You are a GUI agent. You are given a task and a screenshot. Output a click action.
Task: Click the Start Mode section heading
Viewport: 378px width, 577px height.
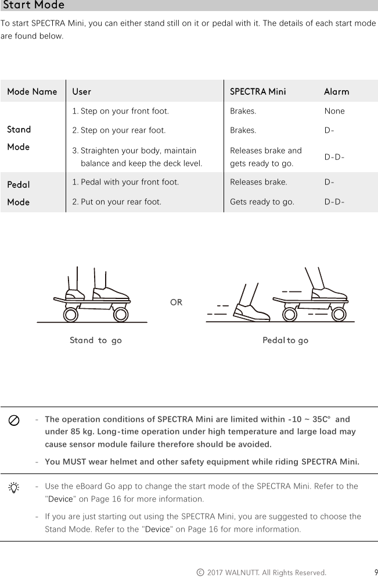(34, 6)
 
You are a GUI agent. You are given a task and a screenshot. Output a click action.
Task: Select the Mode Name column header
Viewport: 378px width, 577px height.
(32, 92)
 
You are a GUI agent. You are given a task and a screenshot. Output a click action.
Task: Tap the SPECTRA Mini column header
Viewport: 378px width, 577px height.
(258, 92)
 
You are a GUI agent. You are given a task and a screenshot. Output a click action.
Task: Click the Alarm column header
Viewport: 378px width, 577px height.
(336, 92)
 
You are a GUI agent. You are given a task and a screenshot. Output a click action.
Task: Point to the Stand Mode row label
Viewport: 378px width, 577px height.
(19, 138)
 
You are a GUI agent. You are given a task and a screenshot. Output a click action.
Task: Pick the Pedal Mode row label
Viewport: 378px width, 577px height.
(18, 193)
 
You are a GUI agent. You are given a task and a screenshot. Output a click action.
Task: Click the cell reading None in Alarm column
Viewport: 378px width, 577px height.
(334, 111)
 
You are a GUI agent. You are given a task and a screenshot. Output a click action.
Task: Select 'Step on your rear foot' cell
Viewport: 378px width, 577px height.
(119, 130)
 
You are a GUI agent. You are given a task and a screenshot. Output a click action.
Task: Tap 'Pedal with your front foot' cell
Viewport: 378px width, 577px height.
(125, 182)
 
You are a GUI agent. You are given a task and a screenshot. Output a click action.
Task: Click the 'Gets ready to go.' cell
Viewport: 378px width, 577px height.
(262, 202)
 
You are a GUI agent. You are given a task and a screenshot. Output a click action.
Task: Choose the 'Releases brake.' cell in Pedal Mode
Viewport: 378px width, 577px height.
(258, 182)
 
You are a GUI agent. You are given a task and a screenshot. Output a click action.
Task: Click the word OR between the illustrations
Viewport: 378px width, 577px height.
(176, 302)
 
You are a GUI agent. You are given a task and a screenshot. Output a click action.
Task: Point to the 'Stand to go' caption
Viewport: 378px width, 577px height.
(96, 340)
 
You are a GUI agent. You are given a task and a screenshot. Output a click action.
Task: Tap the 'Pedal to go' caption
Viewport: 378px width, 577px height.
(285, 340)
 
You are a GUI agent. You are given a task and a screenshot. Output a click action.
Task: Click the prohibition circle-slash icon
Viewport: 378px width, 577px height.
(15, 421)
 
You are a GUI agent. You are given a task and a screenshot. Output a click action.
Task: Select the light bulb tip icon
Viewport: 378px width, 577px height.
(15, 487)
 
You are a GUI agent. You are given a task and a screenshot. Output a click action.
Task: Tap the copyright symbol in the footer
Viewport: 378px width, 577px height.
(200, 572)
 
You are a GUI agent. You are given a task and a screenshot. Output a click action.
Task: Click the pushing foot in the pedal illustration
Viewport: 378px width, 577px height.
(251, 312)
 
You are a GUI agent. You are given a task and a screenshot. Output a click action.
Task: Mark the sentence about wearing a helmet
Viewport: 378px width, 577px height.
(202, 462)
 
